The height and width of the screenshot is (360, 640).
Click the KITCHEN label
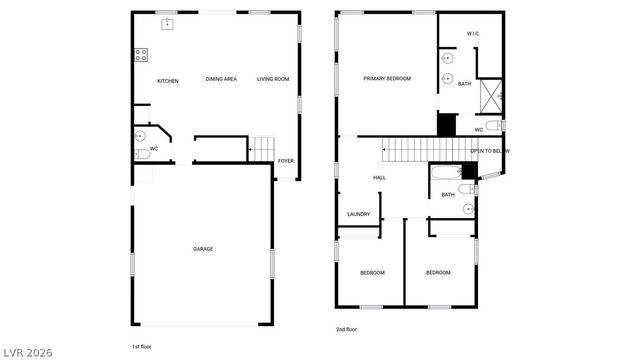[167, 80]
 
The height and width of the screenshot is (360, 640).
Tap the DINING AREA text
[220, 79]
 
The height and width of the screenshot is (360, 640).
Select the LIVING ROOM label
[273, 79]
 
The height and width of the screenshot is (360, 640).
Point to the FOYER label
[286, 160]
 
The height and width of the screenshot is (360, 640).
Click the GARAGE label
[203, 249]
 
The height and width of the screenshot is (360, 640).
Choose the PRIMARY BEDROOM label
[387, 78]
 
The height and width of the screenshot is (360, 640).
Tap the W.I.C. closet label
[474, 35]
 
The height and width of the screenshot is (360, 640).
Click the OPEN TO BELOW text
[490, 151]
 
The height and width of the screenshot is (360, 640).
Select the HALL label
[379, 178]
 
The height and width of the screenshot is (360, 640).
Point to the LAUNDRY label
[358, 214]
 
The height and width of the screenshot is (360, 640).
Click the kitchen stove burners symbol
[141, 55]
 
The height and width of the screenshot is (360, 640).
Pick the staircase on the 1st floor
[261, 149]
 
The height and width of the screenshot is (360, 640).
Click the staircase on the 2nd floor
[423, 151]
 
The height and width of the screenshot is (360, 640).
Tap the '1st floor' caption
[141, 346]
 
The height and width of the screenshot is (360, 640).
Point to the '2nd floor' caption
[346, 328]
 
